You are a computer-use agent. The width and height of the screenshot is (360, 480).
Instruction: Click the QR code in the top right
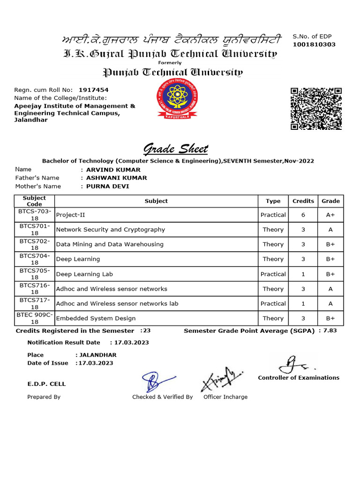(x=316, y=108)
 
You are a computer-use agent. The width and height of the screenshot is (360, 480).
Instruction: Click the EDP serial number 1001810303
(x=314, y=45)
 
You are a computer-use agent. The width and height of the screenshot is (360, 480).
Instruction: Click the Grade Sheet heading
(x=175, y=150)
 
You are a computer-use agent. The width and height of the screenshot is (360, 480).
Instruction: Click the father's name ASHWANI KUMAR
(x=115, y=178)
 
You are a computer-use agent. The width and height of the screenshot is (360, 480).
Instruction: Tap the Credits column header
(x=303, y=201)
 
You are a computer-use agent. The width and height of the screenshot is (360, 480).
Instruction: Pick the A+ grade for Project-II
(x=330, y=215)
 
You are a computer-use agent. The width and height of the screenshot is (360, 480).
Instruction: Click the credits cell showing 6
(x=303, y=215)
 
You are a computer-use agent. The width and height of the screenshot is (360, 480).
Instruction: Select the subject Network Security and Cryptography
(x=111, y=230)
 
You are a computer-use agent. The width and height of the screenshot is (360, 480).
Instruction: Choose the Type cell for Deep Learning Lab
(x=273, y=274)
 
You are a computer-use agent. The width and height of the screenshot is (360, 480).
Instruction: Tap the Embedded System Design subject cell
(x=96, y=318)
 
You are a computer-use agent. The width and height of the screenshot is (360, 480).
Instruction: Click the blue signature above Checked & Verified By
(x=156, y=381)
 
